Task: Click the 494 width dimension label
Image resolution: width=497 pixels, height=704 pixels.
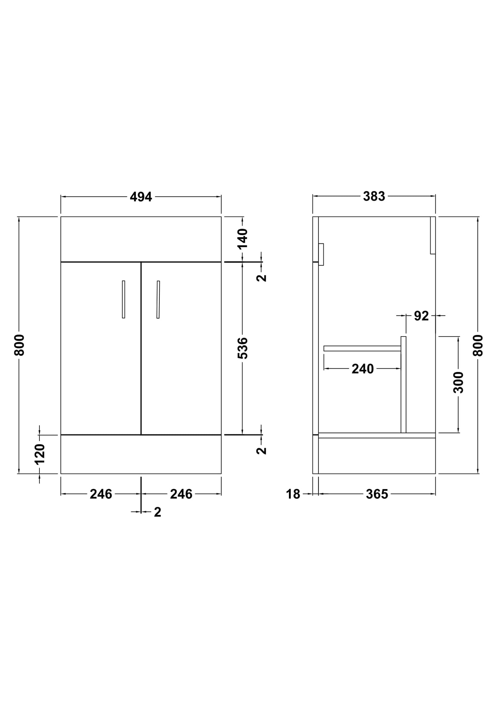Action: [141, 197]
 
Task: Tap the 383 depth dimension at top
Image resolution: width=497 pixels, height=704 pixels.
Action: [374, 196]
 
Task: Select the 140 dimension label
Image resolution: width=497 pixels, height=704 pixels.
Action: [243, 238]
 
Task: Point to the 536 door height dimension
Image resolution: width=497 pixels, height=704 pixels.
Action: [243, 348]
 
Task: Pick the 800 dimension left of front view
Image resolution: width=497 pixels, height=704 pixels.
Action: [19, 345]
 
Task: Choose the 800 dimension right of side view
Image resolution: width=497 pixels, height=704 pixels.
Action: [478, 346]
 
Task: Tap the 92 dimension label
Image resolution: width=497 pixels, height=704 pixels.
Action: [421, 316]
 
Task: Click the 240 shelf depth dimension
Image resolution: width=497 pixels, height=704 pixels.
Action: [362, 369]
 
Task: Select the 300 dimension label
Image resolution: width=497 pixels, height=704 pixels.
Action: [458, 382]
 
